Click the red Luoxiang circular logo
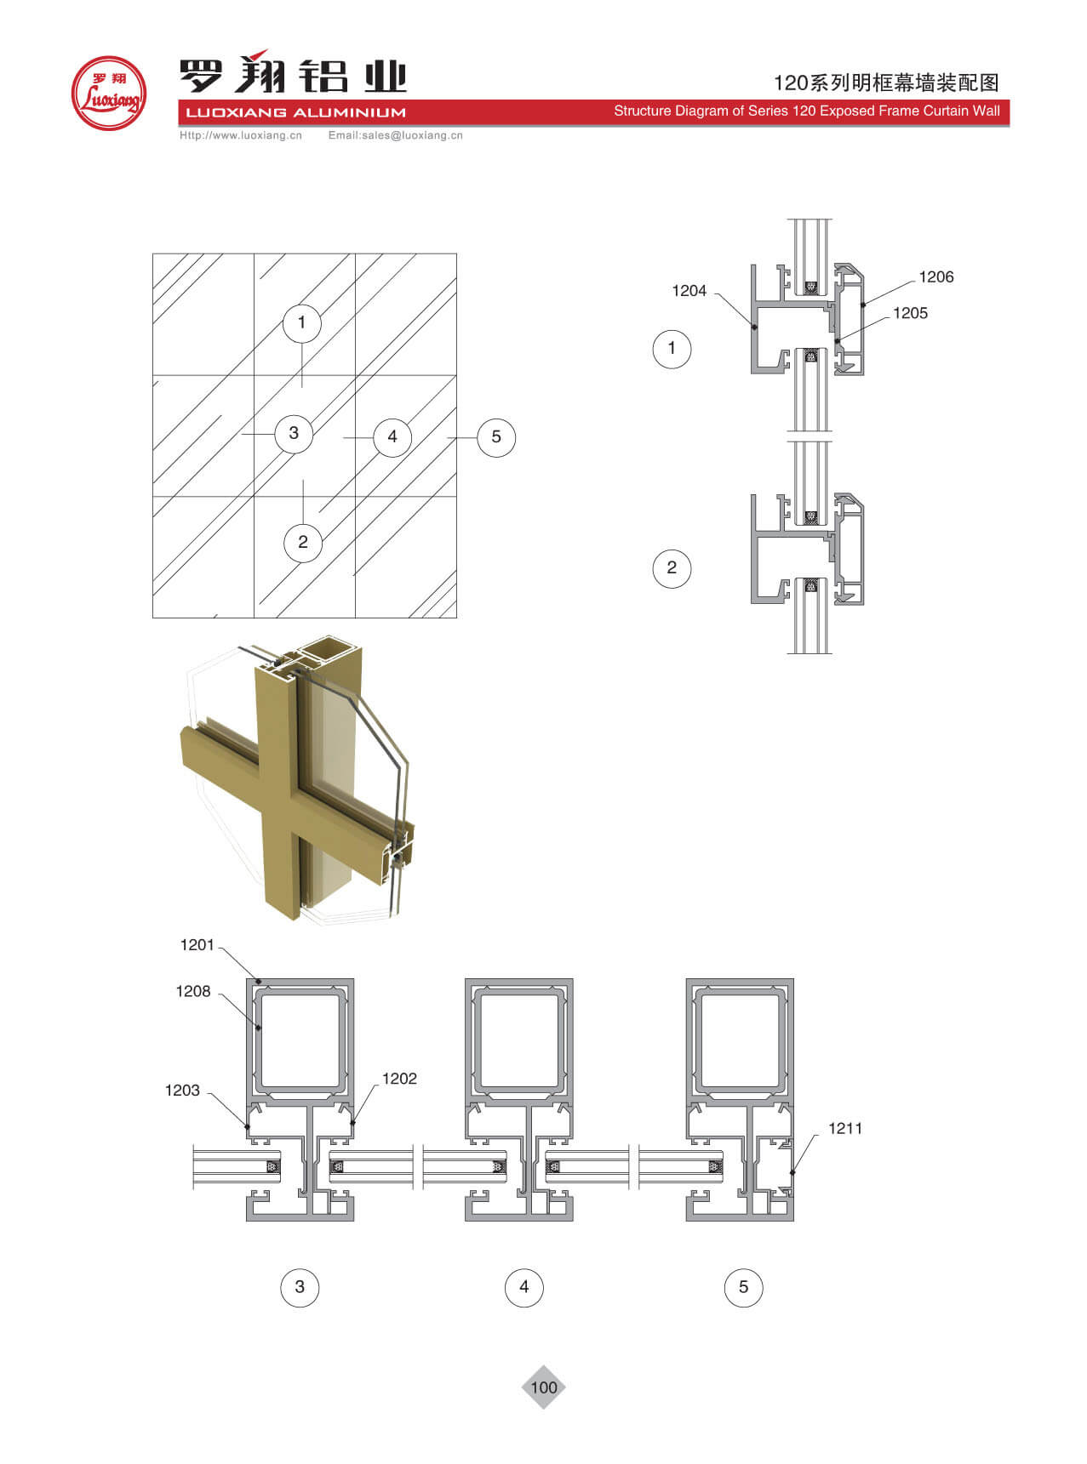click(108, 93)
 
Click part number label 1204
click(689, 291)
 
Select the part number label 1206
click(936, 277)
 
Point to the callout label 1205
click(910, 313)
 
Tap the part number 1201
click(197, 945)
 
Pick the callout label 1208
click(193, 991)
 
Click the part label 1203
click(182, 1091)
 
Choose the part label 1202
click(399, 1079)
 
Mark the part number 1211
click(845, 1129)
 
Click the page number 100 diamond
click(543, 1387)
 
